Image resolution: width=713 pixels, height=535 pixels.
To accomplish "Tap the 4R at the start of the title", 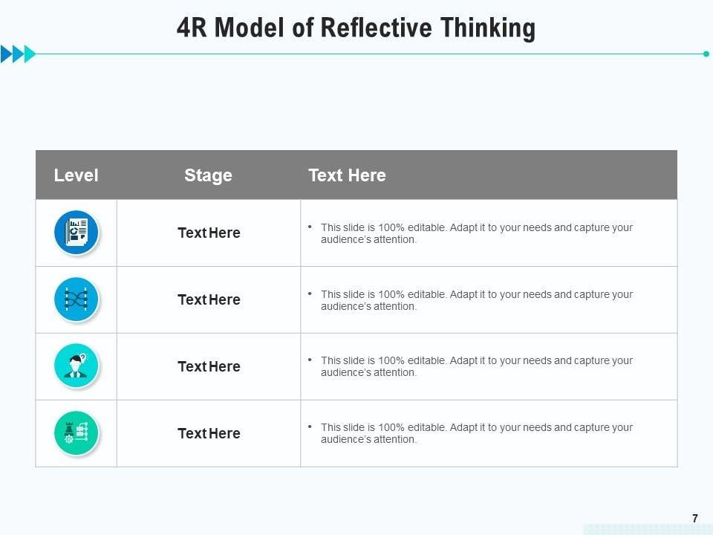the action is [x=193, y=28].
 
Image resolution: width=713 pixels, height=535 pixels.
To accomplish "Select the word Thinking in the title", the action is [x=487, y=28].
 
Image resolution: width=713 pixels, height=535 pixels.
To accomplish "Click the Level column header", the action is [x=76, y=175].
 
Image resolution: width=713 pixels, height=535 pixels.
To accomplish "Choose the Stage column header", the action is [x=208, y=175].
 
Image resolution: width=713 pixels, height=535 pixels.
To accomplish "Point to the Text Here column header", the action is [x=347, y=175].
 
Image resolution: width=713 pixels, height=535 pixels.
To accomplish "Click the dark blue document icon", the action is [x=76, y=233].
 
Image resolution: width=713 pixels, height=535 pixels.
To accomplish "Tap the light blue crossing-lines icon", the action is [x=76, y=299].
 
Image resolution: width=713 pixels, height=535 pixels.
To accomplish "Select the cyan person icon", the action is [x=76, y=366].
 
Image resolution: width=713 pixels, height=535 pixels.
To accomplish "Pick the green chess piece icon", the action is [x=76, y=433].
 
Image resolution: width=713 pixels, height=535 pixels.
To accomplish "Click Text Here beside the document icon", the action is [x=209, y=233].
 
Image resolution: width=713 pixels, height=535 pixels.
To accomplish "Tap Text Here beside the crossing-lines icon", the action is [x=209, y=299].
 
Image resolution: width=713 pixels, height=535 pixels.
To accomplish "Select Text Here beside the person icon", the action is [x=209, y=366].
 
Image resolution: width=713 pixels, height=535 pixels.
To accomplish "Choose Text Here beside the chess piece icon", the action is [x=209, y=433].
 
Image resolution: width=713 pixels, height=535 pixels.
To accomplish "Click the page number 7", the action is [x=695, y=519].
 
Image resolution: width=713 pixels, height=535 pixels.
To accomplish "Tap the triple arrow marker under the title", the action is [x=18, y=53].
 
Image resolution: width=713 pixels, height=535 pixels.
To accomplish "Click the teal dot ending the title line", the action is [x=706, y=53].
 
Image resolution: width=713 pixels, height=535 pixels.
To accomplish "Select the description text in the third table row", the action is [x=476, y=366].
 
